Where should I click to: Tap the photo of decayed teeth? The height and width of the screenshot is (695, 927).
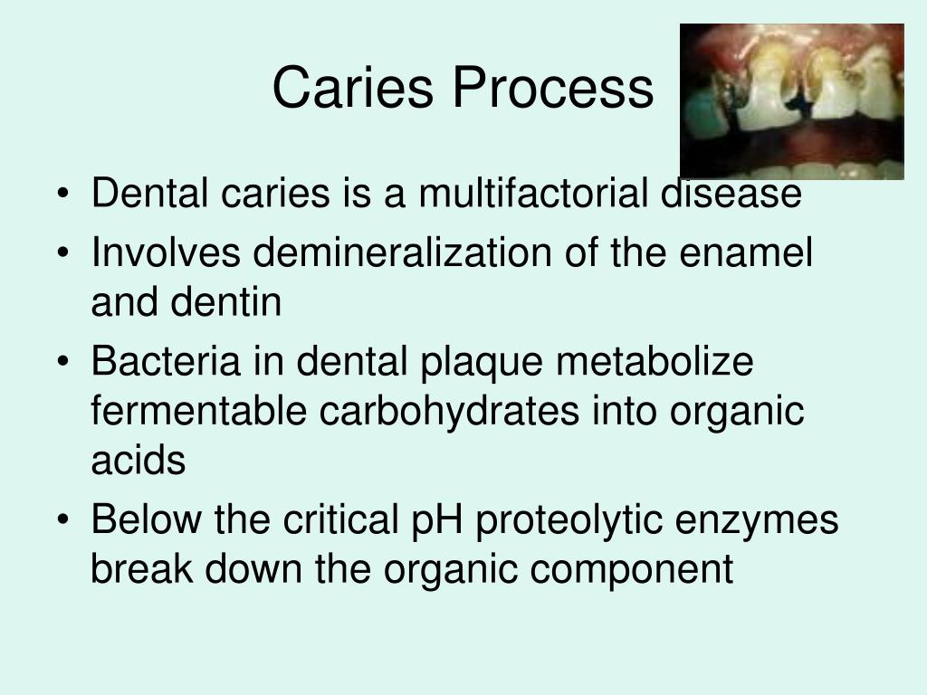click(791, 101)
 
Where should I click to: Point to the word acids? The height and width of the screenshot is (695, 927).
click(138, 462)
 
